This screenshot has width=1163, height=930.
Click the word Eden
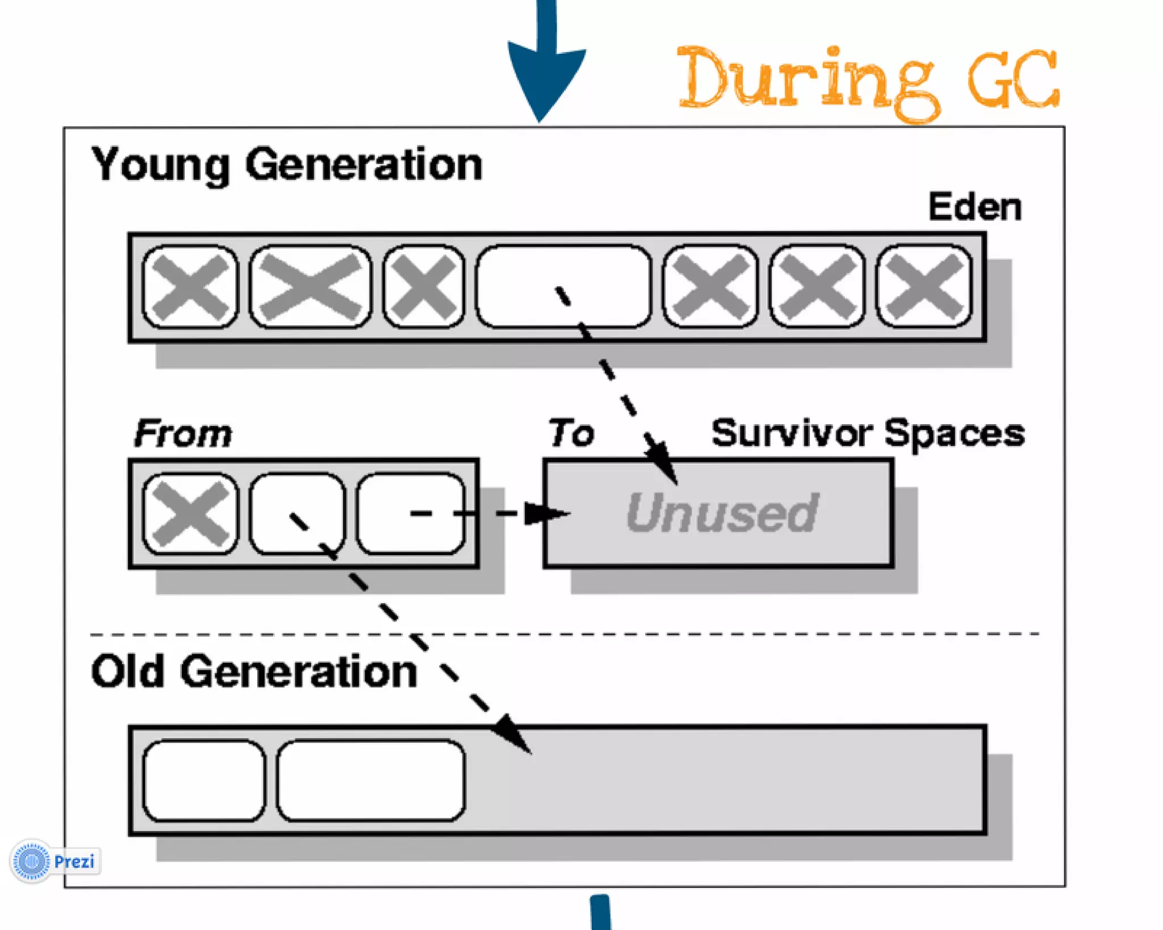[x=974, y=207]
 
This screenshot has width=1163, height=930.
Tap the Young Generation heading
[x=287, y=165]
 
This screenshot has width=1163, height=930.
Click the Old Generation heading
[x=254, y=672]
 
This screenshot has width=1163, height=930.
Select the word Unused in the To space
[x=722, y=513]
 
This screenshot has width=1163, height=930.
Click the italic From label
[x=183, y=434]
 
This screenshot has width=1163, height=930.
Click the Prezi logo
[x=55, y=861]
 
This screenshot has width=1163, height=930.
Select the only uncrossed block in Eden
[x=563, y=287]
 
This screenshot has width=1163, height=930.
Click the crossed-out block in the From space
[x=190, y=514]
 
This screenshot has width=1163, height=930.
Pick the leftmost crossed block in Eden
[x=190, y=287]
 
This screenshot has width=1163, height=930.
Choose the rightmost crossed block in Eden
[x=924, y=287]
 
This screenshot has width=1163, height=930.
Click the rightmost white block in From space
[x=411, y=514]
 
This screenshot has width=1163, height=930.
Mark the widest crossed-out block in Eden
[x=310, y=287]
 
